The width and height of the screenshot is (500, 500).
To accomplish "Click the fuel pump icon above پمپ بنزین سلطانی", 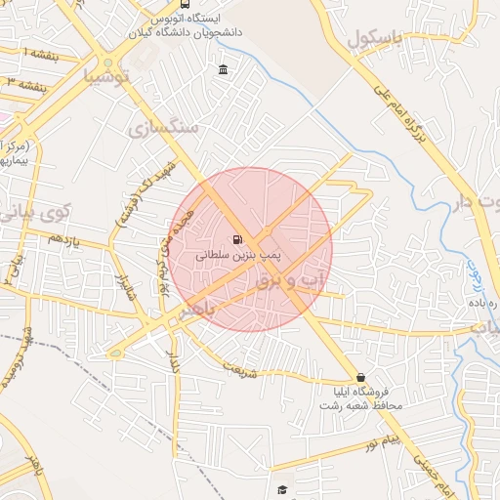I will (x=238, y=239).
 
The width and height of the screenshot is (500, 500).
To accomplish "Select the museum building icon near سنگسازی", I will (x=224, y=69).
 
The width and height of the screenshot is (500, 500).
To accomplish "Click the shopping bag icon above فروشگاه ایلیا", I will (x=361, y=377).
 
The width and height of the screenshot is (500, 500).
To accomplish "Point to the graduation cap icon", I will (x=282, y=489).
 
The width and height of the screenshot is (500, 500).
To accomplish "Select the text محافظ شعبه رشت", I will (x=362, y=406).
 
